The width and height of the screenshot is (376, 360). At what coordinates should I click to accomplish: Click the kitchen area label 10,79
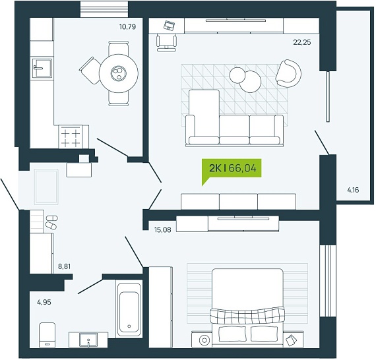tap(127, 26)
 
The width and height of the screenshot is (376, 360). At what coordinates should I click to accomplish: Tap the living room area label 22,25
tap(302, 42)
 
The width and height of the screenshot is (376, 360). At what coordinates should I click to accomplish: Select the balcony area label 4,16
tap(353, 190)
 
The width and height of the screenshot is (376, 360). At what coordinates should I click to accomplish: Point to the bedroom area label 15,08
tap(163, 230)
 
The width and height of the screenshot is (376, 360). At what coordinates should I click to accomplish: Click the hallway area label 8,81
tap(64, 266)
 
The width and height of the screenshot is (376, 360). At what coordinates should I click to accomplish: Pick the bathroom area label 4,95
tap(44, 302)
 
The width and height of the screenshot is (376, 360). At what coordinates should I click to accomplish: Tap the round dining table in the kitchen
tap(119, 73)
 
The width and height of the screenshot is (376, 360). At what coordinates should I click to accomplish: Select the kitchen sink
tap(42, 69)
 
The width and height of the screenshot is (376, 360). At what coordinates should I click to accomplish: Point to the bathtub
tap(129, 309)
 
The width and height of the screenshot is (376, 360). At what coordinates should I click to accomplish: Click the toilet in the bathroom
tap(47, 334)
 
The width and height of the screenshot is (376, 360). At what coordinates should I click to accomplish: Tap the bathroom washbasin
tap(88, 340)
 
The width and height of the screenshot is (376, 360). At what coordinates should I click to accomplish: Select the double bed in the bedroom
tap(247, 308)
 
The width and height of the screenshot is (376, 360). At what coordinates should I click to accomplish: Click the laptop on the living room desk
tap(170, 26)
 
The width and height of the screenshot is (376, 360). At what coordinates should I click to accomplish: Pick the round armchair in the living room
tap(288, 74)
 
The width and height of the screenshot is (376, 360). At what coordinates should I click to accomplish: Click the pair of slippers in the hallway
tap(51, 222)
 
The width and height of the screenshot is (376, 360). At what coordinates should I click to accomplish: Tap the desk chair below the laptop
tap(166, 42)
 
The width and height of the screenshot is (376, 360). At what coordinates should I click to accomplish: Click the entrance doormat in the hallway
tap(46, 187)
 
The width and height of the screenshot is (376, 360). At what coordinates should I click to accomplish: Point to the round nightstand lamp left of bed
tap(204, 340)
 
